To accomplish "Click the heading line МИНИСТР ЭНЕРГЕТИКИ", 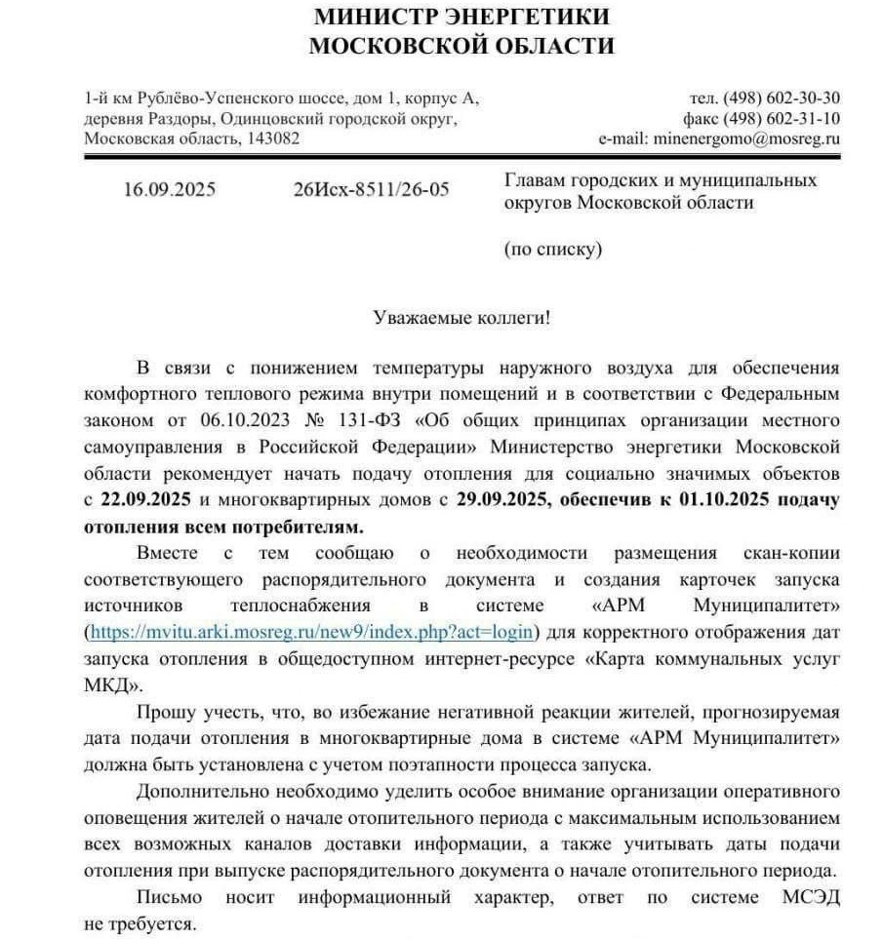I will pos(462,17).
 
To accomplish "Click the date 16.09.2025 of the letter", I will pos(169,189).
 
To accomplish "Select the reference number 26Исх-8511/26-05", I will pos(371,189).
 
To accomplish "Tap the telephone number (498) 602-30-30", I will pos(782,98).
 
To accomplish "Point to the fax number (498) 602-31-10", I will pos(782,119).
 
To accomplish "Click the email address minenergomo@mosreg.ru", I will pos(746,139).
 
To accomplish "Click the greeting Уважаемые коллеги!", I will pos(462,317).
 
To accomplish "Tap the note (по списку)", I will pos(553,249).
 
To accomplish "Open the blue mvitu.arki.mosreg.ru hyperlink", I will pos(311,632).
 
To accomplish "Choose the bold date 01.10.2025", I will pos(716,501).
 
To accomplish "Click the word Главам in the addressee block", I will pos(535,180).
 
